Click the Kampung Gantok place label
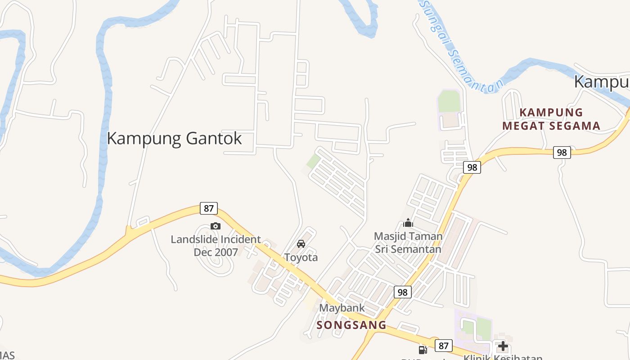coord(174,138)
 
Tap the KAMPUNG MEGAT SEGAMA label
coord(551,119)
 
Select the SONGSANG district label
coord(351,325)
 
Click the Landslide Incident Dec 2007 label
coord(216,246)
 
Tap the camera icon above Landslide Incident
coord(216,226)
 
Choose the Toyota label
coord(301,257)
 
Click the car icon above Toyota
coord(301,244)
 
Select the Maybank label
coord(342,308)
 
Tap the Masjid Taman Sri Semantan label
coord(408,242)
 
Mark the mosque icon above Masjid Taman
coord(408,222)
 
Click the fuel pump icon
coord(423,349)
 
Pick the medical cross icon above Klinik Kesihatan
coord(503,346)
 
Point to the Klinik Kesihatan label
coord(503,357)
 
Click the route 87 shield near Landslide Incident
coord(208,208)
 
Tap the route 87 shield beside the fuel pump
coord(444,346)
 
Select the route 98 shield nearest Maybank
coord(403,292)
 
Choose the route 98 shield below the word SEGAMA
coord(562,153)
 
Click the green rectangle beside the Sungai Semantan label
coord(449,101)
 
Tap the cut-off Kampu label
coord(602,82)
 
